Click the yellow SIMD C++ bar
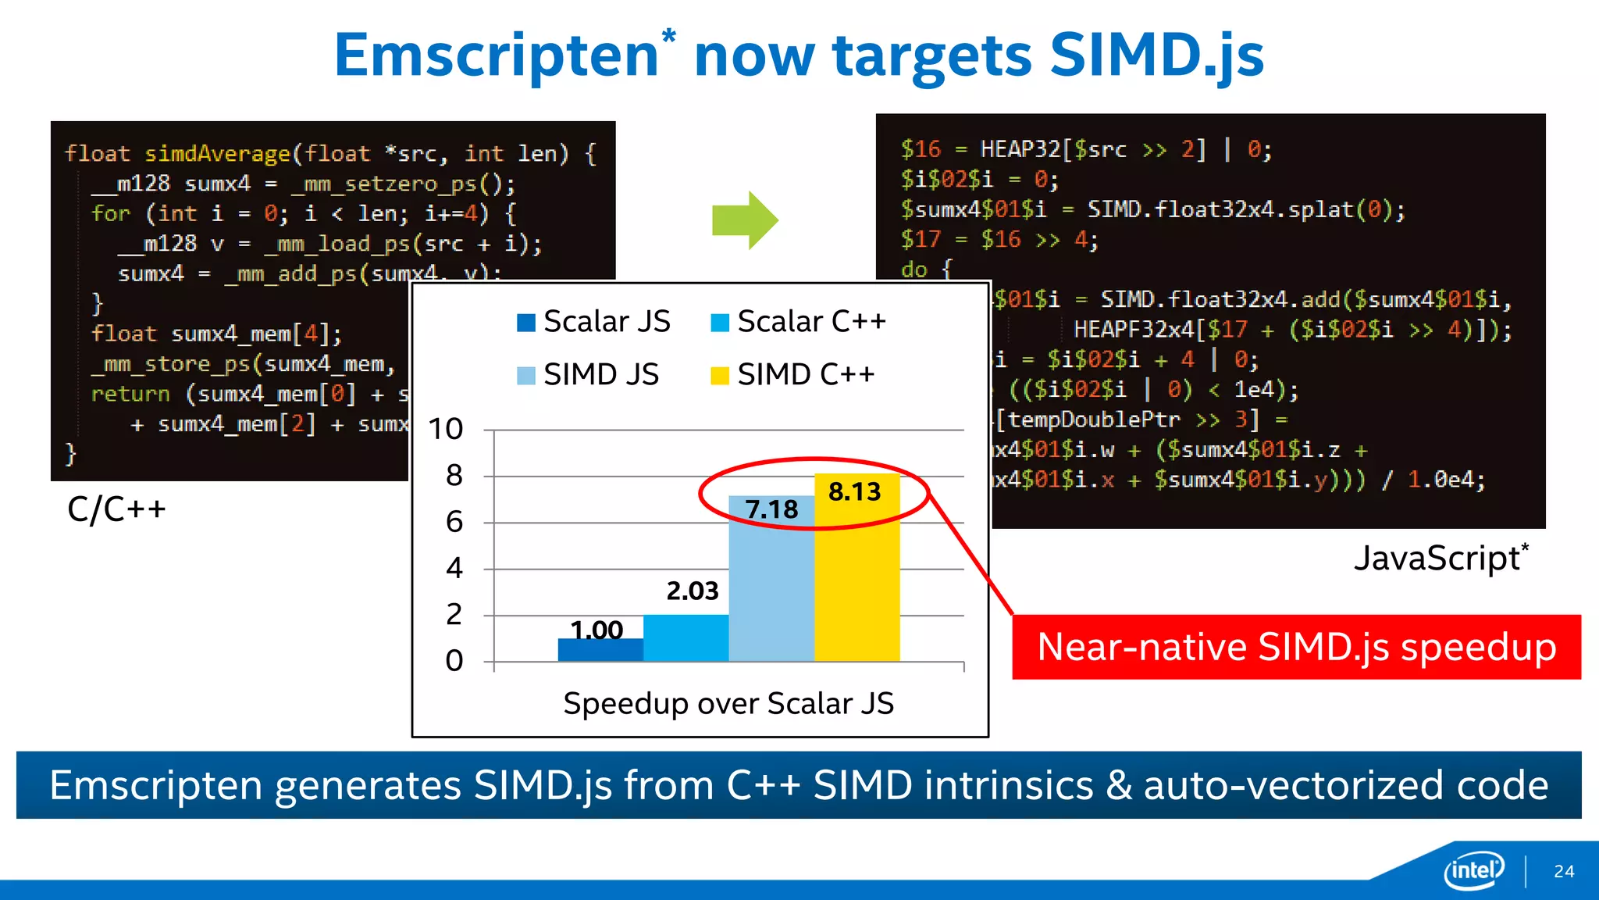coord(856,578)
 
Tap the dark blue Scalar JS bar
coord(600,650)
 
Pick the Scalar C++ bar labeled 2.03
coord(686,637)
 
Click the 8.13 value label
coord(854,491)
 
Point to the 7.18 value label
coord(771,509)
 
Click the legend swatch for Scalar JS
coord(526,323)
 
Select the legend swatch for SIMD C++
coord(719,376)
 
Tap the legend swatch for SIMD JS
coord(526,376)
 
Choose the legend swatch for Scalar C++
coord(719,323)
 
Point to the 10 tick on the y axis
coord(446,429)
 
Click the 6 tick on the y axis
coord(454,522)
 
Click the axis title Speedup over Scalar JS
coord(728,703)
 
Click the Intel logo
coord(1473,870)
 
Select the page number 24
coord(1564,871)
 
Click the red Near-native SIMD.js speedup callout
coord(1296,647)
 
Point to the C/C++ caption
coord(116,509)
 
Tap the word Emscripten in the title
coord(497,55)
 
